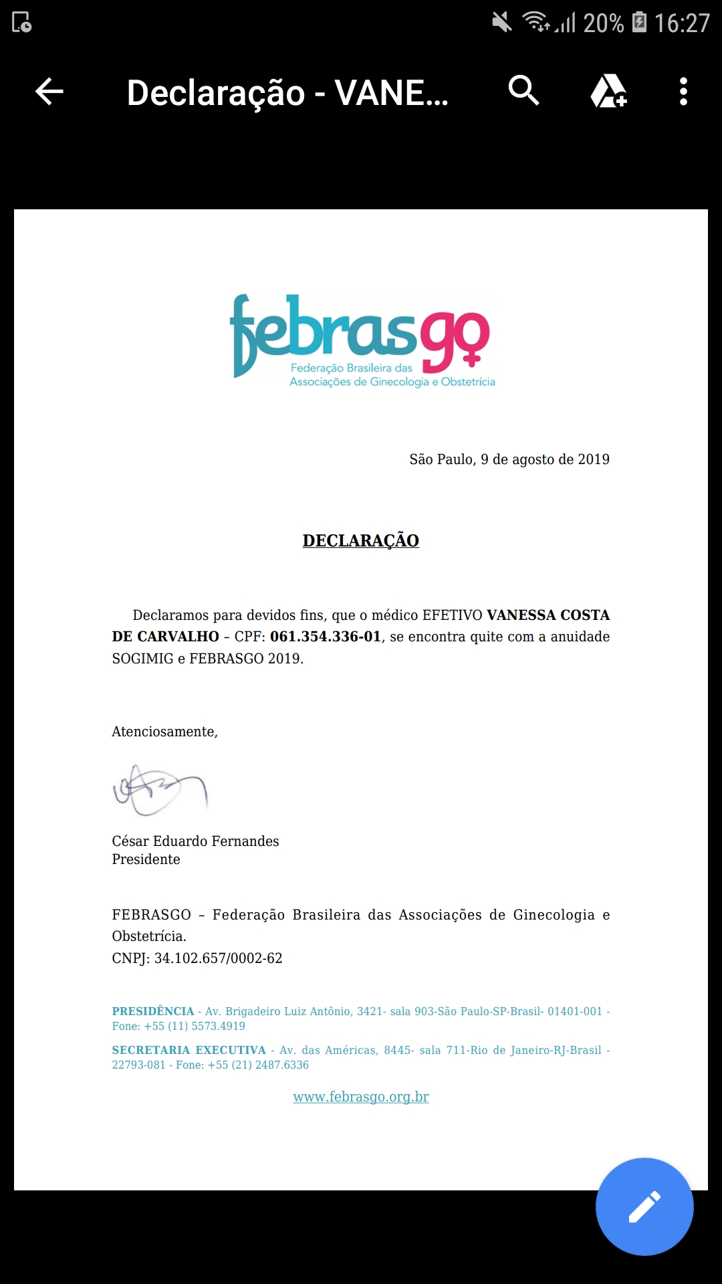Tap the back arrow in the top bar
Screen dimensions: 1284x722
[49, 92]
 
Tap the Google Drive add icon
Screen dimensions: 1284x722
[608, 92]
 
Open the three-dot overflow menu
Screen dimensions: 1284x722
[683, 92]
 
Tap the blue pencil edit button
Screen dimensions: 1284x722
[644, 1206]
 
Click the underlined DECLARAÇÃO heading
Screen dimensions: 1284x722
[361, 540]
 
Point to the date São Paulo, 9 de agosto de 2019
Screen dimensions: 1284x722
[509, 459]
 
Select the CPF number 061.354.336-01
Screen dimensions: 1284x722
[326, 637]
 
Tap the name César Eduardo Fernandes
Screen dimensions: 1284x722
[195, 841]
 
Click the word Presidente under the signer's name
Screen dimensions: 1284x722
[146, 859]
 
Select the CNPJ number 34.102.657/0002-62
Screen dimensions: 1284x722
[219, 958]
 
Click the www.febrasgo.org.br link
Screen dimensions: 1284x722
[361, 1097]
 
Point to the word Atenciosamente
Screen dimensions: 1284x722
[164, 732]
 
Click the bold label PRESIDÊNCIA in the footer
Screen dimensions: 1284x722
[153, 1011]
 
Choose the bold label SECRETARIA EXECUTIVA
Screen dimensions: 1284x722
[189, 1050]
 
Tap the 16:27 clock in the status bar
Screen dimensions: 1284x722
[682, 23]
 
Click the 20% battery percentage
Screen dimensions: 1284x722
[603, 23]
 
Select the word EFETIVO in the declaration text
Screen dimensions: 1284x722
[452, 615]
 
